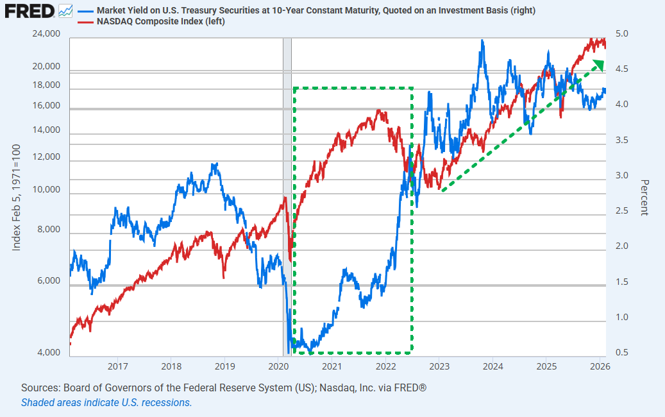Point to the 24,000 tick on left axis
pos(46,34)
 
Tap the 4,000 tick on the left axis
pos(49,353)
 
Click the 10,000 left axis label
pos(46,191)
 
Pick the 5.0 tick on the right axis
pos(625,34)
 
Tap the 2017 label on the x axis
pos(117,366)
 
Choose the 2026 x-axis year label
pos(600,366)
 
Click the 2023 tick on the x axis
pos(439,366)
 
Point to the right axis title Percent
pos(644,197)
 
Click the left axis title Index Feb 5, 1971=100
pos(17,197)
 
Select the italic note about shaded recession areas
pos(106,403)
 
